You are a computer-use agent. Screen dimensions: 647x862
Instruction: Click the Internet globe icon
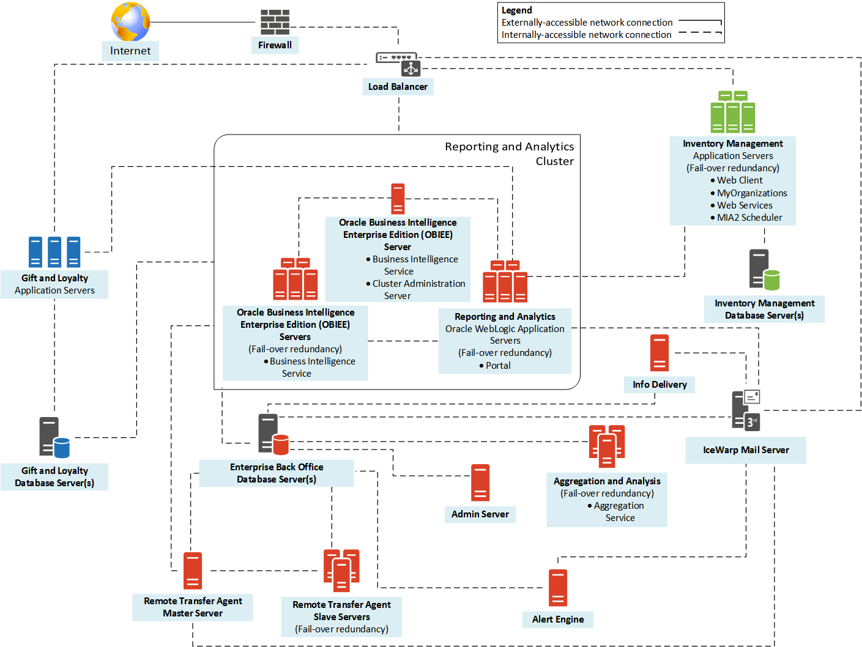click(130, 21)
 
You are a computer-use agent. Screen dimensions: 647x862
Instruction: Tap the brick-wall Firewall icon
click(275, 22)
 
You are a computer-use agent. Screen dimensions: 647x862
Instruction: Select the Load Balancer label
click(398, 87)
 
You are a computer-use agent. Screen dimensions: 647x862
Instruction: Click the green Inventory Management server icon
click(732, 113)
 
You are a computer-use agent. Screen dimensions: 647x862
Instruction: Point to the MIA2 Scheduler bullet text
click(749, 218)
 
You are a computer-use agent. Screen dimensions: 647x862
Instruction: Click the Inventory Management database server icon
click(764, 270)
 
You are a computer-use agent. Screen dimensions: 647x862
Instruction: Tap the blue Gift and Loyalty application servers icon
click(54, 252)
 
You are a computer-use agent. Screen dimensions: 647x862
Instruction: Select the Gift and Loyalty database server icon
click(54, 437)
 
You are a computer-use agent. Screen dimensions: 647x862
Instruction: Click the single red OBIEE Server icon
click(398, 199)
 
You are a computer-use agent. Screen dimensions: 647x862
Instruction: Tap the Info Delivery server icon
click(659, 353)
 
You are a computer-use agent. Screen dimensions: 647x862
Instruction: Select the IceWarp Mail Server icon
click(746, 410)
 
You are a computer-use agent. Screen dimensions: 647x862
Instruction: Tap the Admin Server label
click(480, 514)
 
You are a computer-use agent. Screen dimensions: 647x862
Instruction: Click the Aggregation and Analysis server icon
click(606, 446)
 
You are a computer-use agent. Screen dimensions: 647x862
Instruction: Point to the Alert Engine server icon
click(557, 588)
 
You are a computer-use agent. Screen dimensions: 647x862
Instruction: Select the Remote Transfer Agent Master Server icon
click(192, 571)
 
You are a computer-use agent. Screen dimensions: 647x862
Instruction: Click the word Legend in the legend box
click(516, 10)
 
